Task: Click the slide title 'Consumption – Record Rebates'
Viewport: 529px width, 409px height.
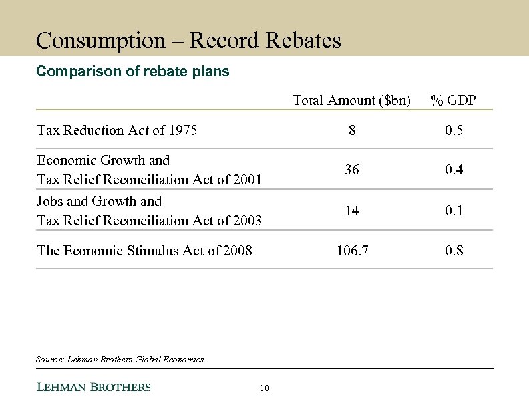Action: click(188, 41)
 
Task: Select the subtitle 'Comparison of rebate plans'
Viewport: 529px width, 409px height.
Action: click(132, 72)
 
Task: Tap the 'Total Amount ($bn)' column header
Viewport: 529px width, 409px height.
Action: click(351, 100)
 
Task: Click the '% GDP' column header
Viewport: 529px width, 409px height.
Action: click(454, 100)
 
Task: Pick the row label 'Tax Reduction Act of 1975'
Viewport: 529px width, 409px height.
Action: click(117, 130)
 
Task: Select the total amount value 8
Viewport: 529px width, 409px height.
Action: click(352, 130)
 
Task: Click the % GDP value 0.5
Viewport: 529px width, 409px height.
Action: click(454, 130)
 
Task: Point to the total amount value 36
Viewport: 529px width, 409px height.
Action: click(352, 170)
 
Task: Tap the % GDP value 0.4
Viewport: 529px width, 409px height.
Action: click(454, 170)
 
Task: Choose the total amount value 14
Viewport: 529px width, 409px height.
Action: click(352, 211)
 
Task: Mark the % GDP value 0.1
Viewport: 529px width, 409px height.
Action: click(454, 211)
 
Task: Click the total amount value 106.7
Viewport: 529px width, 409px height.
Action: click(352, 251)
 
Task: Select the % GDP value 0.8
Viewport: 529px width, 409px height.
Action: click(454, 251)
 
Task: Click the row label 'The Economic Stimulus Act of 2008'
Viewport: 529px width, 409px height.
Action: click(144, 251)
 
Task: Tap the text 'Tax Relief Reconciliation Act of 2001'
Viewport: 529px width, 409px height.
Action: click(149, 180)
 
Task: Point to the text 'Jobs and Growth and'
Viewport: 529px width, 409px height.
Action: click(99, 201)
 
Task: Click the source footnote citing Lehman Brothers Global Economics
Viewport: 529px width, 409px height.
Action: click(121, 360)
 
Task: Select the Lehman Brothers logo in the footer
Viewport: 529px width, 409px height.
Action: click(93, 387)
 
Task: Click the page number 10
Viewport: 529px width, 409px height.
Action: click(264, 388)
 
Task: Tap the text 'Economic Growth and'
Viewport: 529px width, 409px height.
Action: click(103, 160)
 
